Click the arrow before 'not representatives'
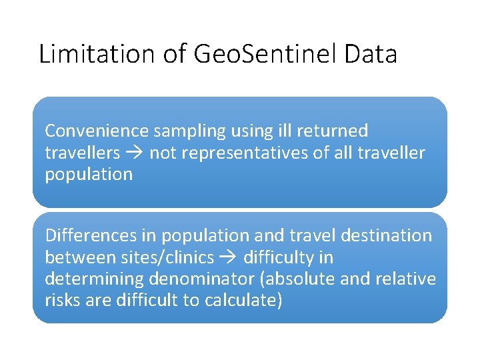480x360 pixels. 135,153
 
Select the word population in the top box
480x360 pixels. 89,175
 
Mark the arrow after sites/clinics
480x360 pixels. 228,257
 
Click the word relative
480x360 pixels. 404,278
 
